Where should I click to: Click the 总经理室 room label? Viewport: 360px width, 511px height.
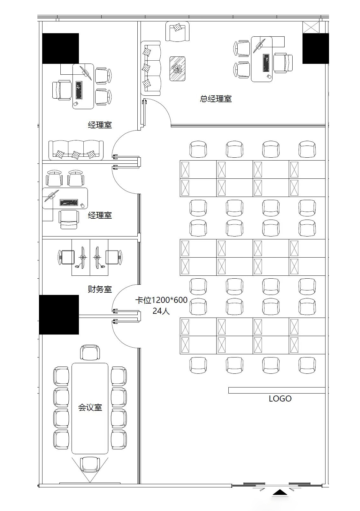pos(216,99)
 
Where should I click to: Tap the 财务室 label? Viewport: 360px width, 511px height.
pos(100,289)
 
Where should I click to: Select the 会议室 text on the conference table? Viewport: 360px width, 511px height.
pos(90,407)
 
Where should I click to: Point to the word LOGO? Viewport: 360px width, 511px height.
pos(280,399)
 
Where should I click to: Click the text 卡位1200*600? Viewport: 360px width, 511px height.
pos(162,300)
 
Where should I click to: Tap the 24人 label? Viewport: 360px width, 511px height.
pos(161,311)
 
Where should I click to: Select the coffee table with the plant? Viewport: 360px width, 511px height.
pos(177,69)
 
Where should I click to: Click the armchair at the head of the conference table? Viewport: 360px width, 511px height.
pos(90,353)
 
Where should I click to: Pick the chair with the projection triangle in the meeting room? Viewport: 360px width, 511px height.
pos(90,465)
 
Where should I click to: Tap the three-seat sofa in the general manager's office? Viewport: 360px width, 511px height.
pos(151,68)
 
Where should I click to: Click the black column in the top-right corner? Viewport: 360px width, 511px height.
pos(315,48)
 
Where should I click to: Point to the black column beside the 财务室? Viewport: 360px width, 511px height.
pos(59,314)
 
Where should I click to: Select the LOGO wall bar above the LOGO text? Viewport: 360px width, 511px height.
pos(277,390)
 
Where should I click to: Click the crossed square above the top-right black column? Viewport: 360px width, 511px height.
pos(310,27)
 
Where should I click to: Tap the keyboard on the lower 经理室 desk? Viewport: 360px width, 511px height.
pos(69,202)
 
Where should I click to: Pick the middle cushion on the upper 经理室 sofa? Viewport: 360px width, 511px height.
pos(76,155)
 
